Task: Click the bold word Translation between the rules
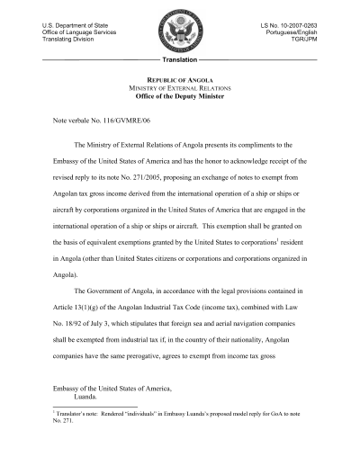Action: click(180, 58)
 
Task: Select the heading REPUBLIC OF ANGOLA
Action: click(180, 81)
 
